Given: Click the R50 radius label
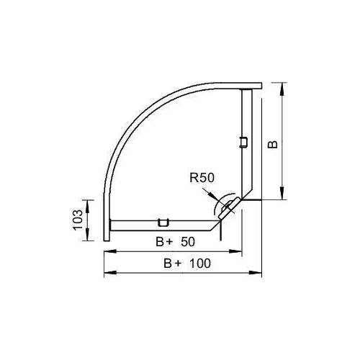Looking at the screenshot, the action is (202, 178).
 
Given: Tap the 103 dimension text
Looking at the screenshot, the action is (78, 220).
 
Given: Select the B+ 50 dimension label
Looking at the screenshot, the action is (175, 242).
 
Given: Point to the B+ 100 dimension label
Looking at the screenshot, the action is (187, 264).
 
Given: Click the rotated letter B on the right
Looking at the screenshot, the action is (273, 144).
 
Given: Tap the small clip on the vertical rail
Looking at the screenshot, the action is (243, 142).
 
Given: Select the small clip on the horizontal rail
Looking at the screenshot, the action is (163, 222).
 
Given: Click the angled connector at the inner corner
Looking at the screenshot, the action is (228, 208).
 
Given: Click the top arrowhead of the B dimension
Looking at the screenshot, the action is (283, 89).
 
